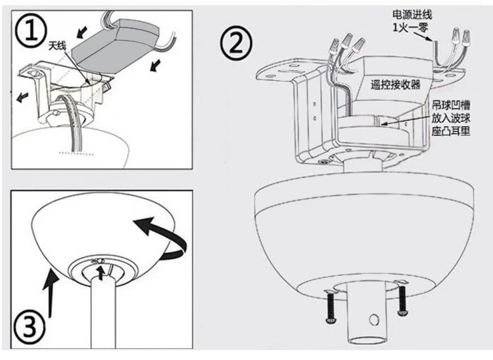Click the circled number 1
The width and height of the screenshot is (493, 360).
click(31, 31)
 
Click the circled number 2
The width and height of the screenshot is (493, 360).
click(235, 43)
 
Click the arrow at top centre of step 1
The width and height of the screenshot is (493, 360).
click(83, 30)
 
